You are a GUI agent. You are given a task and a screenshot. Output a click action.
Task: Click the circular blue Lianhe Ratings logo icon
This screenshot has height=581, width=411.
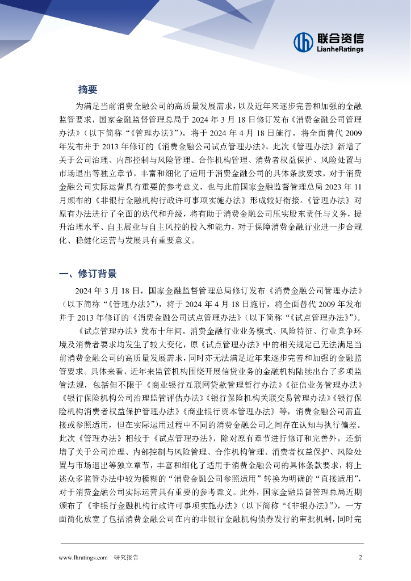tap(304, 41)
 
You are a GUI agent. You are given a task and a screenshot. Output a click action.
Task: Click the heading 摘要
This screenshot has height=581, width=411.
tap(88, 90)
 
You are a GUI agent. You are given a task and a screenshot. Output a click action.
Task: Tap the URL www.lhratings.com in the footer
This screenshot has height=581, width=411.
tap(83, 557)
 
